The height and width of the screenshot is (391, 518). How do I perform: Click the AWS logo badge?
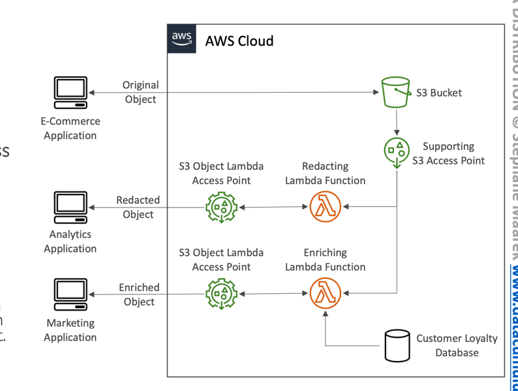(183, 39)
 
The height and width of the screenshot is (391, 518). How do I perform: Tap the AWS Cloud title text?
(239, 41)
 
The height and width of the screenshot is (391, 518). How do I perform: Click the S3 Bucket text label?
(438, 93)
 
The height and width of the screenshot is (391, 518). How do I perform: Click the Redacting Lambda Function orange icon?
(325, 208)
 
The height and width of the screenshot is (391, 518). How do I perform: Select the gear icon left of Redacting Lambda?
(222, 208)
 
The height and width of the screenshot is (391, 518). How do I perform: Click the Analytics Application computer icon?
(70, 208)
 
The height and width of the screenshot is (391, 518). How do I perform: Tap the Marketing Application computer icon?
(70, 294)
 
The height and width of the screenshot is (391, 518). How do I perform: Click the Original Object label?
(140, 92)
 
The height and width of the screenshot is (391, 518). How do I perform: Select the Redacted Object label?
(138, 207)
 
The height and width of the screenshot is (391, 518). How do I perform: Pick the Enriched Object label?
(139, 294)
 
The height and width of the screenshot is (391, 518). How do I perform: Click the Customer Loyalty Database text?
(457, 345)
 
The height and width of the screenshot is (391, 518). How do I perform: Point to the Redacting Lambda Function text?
(325, 173)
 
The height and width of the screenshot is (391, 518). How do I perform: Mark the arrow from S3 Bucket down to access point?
(396, 122)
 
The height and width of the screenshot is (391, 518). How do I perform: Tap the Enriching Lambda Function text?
(325, 259)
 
